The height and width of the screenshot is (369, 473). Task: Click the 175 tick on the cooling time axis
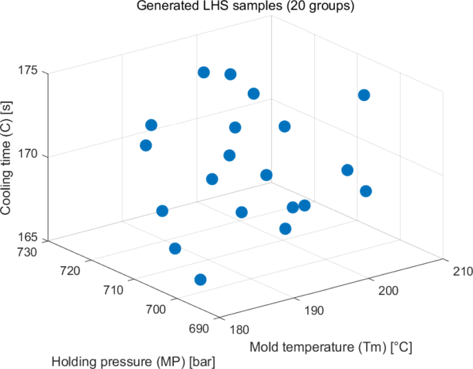tap(32, 72)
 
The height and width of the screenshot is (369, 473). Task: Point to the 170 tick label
tap(32, 156)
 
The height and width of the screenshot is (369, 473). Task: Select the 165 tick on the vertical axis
tap(32, 240)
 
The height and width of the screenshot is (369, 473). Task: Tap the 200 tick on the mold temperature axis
tap(388, 291)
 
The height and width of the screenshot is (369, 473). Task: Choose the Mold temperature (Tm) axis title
tap(331, 347)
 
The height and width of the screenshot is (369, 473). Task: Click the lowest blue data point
tap(200, 279)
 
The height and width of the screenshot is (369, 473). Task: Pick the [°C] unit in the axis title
tap(399, 347)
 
